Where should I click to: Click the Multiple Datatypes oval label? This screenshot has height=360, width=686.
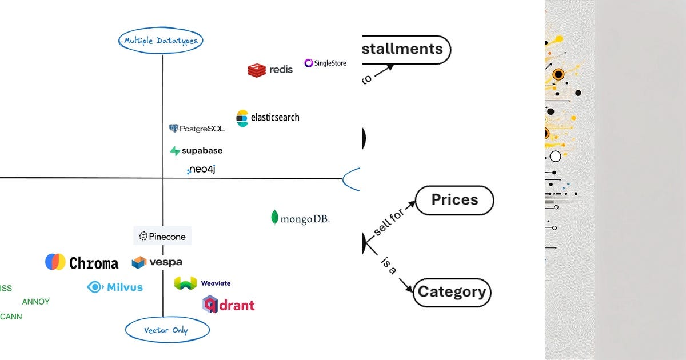(x=161, y=41)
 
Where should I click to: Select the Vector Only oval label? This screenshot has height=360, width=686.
(x=166, y=330)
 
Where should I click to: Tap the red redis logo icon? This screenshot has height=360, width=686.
(x=257, y=70)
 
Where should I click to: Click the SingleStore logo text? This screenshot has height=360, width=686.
(x=325, y=63)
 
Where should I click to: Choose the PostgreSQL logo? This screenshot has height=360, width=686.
(x=197, y=129)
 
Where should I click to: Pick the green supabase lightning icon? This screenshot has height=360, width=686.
(x=175, y=151)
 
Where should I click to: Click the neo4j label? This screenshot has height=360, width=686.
(x=201, y=170)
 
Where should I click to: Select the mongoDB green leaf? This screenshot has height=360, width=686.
(x=275, y=218)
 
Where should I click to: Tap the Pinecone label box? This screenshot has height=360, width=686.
(x=163, y=236)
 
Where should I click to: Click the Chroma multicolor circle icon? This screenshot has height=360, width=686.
(x=55, y=262)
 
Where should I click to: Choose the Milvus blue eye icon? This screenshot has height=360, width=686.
(x=94, y=287)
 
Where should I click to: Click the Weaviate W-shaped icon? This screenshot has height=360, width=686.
(x=185, y=283)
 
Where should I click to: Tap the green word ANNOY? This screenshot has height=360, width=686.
(x=35, y=302)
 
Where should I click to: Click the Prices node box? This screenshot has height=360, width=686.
(x=454, y=200)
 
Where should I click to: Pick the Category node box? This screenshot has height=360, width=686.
(x=452, y=292)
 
